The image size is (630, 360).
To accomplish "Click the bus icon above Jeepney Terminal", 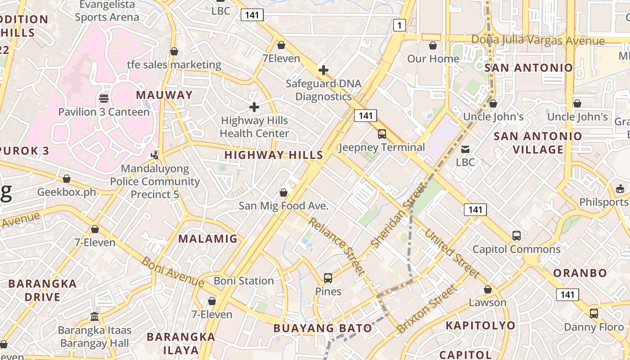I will point(382,134).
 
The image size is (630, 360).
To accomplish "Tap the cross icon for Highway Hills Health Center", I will point(254,107).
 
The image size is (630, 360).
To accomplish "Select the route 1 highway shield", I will point(399,25).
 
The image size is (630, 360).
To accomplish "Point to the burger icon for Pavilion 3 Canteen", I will point(104,98).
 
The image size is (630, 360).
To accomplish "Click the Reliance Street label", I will point(336,246).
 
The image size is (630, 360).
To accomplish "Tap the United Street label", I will point(452,254).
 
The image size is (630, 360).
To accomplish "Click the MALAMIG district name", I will point(208,238).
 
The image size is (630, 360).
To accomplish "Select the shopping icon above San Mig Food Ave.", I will point(283,193).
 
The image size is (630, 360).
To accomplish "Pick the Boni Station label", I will point(243,281).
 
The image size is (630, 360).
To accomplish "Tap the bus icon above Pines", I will point(328,278).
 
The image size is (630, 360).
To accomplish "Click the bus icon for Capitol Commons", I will point(517,235).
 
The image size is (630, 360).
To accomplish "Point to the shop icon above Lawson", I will point(488,289).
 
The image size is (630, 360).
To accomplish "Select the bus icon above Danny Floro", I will point(594,313).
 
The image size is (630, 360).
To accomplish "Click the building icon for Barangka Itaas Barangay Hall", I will point(94,316).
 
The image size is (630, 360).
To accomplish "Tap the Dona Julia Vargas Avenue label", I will point(538,40).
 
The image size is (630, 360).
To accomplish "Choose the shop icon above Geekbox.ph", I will point(67,179).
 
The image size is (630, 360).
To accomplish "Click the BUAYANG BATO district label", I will point(323,328).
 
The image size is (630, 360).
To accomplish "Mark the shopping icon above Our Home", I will point(433,45).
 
